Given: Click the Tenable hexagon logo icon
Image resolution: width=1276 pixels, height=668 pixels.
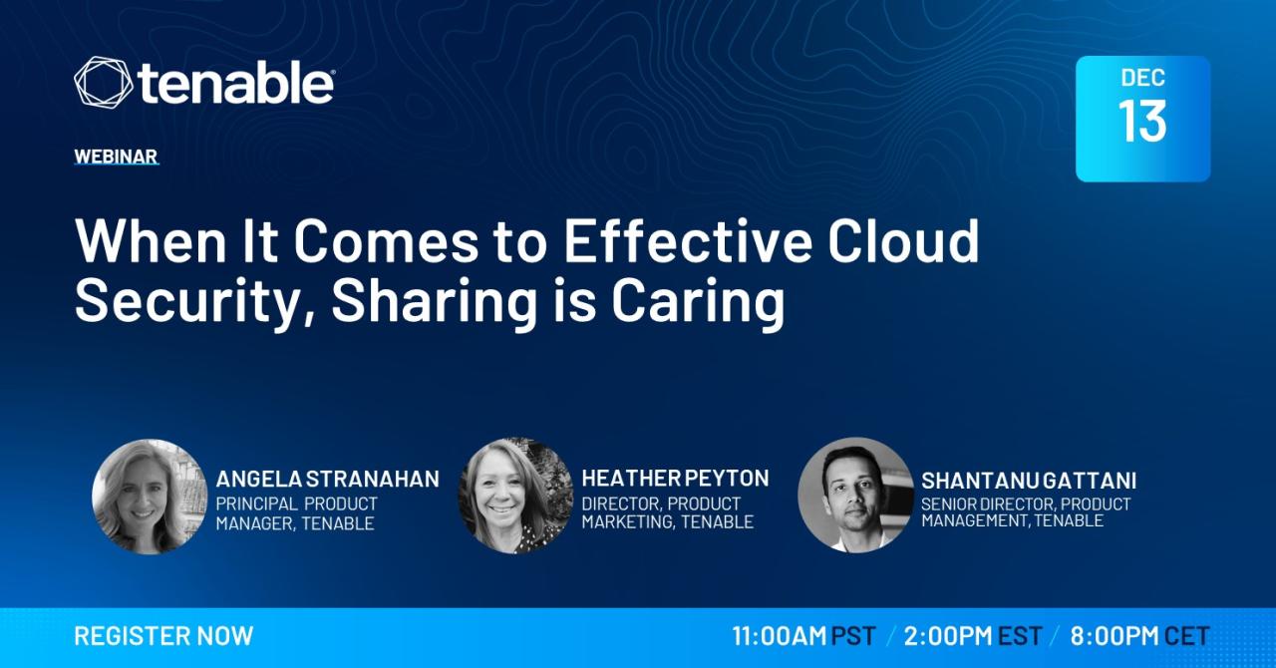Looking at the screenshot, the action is [x=103, y=82].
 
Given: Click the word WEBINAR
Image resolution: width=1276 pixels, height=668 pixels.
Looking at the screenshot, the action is [x=116, y=157].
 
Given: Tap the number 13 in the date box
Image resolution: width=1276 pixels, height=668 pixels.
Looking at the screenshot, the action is [x=1142, y=121].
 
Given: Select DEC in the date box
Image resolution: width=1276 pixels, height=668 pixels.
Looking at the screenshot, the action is [x=1142, y=78].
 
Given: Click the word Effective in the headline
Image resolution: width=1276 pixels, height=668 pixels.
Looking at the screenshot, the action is [x=688, y=240].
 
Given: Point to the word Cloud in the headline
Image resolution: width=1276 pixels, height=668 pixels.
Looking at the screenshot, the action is [x=903, y=240].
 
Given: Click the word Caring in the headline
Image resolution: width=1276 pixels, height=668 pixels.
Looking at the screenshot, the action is [x=699, y=301].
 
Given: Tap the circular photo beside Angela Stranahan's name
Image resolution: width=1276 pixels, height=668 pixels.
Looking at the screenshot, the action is [x=150, y=497].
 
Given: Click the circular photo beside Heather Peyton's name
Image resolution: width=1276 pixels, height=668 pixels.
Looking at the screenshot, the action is [x=516, y=496].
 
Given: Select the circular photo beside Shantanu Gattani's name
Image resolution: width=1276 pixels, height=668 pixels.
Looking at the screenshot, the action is [x=855, y=495].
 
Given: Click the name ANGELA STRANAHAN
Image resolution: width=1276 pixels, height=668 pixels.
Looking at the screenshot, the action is [x=328, y=480].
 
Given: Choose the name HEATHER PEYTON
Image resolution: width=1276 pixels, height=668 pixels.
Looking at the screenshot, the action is [x=675, y=479].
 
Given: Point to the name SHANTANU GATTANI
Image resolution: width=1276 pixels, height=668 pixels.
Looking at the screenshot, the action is [x=1029, y=481].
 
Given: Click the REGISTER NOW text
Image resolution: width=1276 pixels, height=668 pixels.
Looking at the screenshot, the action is [x=163, y=636].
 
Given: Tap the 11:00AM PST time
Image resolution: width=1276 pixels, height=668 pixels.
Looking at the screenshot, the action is [x=803, y=636].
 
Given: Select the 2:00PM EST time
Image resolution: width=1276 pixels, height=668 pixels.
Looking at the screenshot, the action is [x=973, y=636].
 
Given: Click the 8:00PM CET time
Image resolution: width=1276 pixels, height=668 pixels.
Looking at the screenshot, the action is [x=1139, y=636].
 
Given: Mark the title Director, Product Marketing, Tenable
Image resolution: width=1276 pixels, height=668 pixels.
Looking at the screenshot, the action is [x=668, y=512].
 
